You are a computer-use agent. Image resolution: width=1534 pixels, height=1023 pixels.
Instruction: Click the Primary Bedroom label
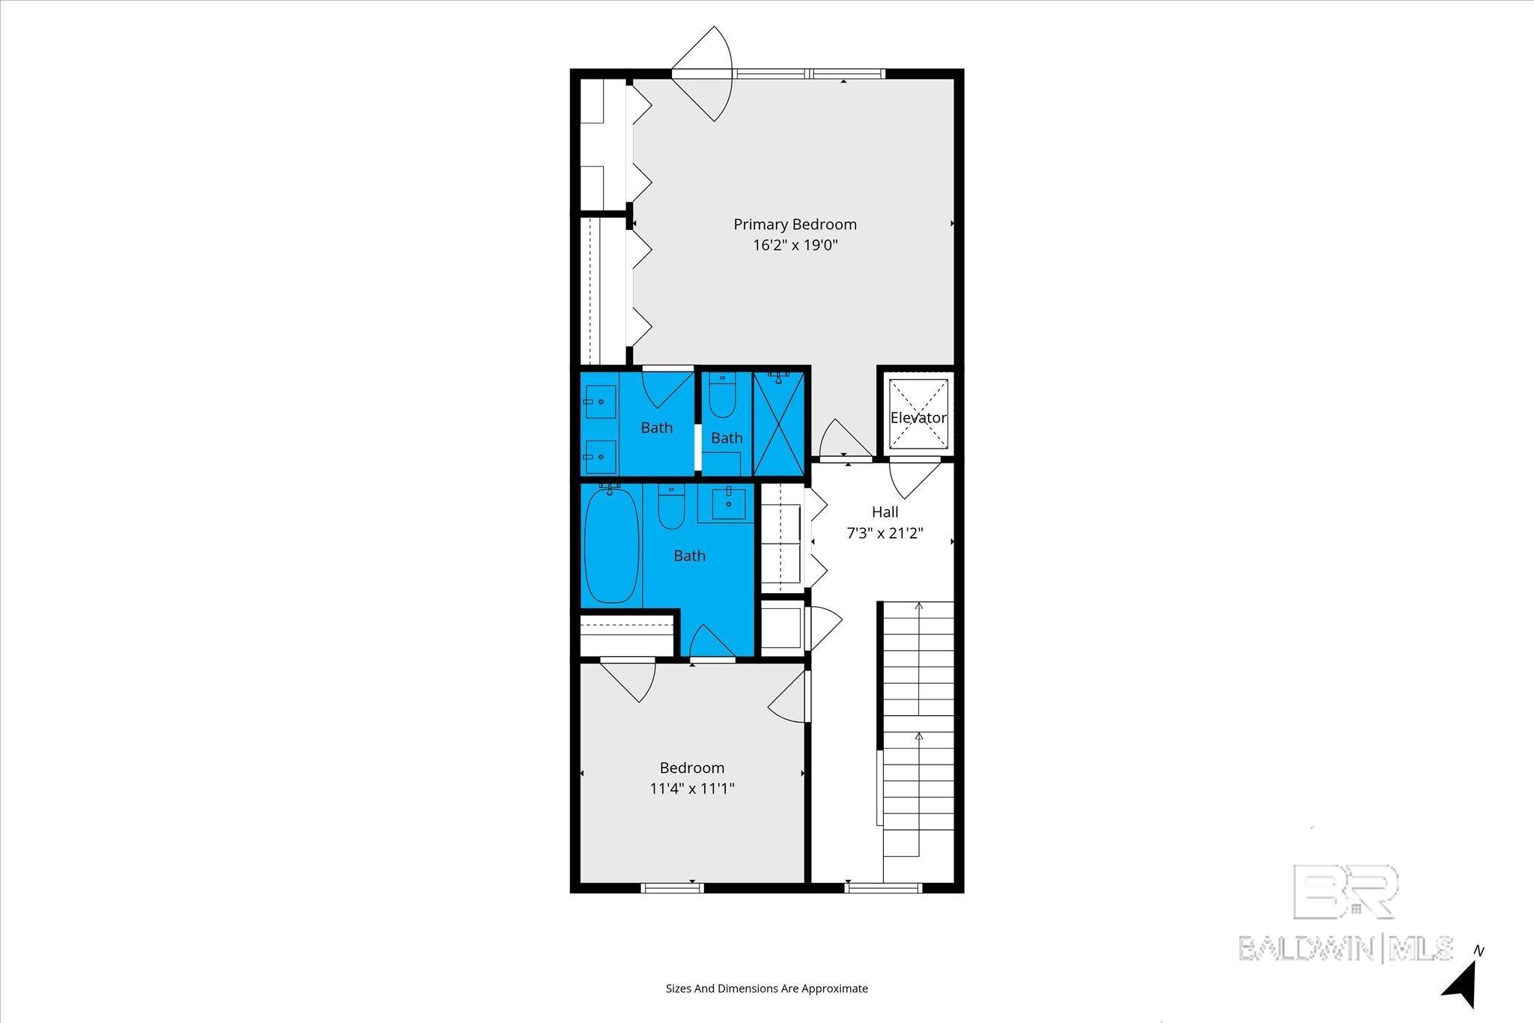point(795,224)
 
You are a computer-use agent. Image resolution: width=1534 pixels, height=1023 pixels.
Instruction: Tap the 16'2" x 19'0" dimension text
point(795,245)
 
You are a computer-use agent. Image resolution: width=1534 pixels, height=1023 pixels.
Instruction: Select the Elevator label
point(918,417)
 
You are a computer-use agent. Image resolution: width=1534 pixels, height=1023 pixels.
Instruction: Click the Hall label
point(885,512)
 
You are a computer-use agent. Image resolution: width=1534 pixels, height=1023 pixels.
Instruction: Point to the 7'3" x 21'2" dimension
point(885,533)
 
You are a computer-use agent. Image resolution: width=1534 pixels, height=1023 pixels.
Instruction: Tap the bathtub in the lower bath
point(612,544)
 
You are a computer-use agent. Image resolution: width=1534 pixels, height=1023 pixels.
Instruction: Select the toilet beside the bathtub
point(671,506)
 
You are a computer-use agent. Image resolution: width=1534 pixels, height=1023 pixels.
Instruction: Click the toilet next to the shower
point(723,395)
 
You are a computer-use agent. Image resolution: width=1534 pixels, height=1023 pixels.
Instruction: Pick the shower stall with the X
point(778,424)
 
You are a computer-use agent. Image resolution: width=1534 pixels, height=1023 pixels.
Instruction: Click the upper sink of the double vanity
point(600,402)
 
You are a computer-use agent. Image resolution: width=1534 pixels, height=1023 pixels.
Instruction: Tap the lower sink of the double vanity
point(600,455)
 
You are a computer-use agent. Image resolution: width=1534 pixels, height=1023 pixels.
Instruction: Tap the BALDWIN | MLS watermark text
point(1346,948)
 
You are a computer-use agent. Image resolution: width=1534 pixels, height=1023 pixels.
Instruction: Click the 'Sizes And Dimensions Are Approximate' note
point(767,989)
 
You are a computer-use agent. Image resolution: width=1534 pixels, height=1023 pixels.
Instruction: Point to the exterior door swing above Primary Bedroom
point(702,73)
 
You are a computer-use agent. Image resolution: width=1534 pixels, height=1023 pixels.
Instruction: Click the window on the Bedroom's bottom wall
point(673,888)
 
